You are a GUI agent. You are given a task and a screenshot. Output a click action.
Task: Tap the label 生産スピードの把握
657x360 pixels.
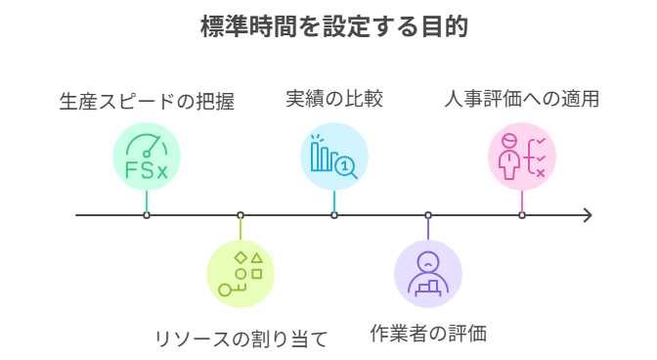click(x=147, y=101)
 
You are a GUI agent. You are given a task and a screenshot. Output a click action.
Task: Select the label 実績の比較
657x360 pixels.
click(x=334, y=99)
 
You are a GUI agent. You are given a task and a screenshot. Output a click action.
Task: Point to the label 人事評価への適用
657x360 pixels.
click(x=522, y=99)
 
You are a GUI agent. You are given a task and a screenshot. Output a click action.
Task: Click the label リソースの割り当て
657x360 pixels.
click(x=241, y=339)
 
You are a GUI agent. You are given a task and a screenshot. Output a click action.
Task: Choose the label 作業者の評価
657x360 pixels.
click(x=428, y=334)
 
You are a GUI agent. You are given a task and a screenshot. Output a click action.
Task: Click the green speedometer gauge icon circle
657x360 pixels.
click(x=147, y=157)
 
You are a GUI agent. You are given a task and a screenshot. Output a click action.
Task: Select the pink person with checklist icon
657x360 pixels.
click(x=522, y=157)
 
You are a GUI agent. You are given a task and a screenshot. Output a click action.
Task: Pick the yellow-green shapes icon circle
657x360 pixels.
click(x=241, y=274)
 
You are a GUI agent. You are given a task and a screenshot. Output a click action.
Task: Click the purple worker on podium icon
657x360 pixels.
click(x=428, y=274)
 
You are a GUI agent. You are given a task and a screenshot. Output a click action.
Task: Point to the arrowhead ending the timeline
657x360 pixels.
click(x=588, y=215)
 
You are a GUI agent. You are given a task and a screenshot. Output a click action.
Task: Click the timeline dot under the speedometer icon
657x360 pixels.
click(x=147, y=215)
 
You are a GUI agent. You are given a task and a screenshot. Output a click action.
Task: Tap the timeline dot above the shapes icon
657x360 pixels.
click(x=241, y=215)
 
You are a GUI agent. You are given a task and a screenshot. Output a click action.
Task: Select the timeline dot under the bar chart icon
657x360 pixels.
click(x=334, y=215)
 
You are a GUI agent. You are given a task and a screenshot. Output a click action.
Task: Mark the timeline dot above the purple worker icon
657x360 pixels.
click(x=428, y=215)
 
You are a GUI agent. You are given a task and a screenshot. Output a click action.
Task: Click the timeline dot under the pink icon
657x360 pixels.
click(x=522, y=215)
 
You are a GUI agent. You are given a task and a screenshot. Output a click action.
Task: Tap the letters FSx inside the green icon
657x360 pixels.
click(x=147, y=171)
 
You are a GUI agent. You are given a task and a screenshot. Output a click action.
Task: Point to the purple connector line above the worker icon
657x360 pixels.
click(x=428, y=228)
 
